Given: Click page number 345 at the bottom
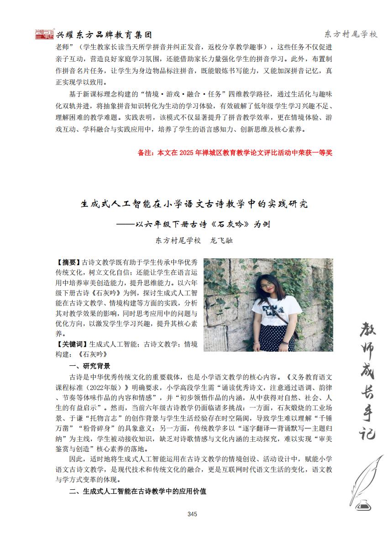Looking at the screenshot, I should pyautogui.click(x=192, y=514).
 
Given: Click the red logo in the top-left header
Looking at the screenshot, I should pyautogui.click(x=44, y=34).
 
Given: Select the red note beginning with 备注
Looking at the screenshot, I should pyautogui.click(x=235, y=153).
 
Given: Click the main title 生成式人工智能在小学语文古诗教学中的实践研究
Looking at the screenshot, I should pyautogui.click(x=194, y=203).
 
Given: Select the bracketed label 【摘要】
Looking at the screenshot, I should pyautogui.click(x=68, y=262).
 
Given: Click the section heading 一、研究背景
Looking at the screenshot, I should pyautogui.click(x=89, y=366).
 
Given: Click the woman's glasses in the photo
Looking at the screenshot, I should pyautogui.click(x=266, y=287).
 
